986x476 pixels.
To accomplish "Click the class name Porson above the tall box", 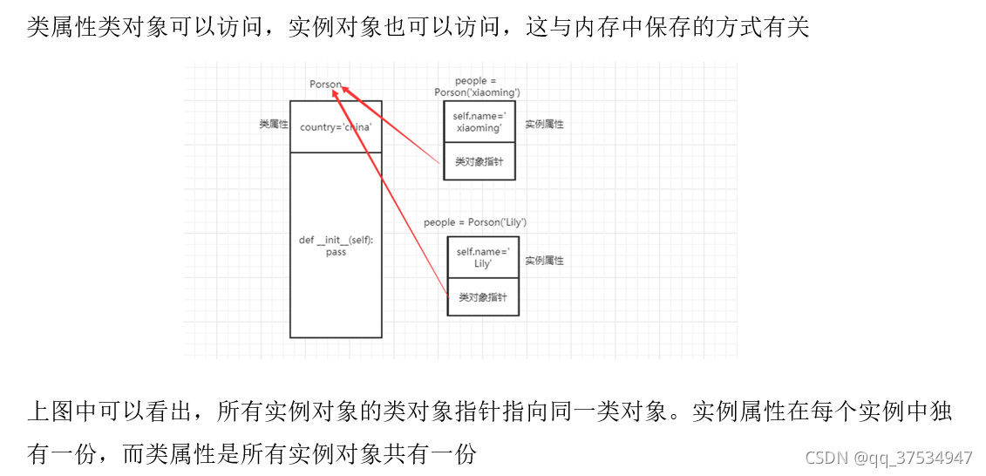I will (x=325, y=85).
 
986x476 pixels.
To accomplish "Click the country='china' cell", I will (x=336, y=127).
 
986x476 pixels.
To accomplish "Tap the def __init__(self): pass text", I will (x=336, y=246).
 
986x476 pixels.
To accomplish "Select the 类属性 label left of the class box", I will (x=274, y=125).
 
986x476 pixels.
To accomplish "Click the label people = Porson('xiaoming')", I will (x=477, y=86).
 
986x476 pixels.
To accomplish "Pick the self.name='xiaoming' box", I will (x=479, y=122).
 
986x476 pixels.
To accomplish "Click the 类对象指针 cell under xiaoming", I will (x=479, y=162).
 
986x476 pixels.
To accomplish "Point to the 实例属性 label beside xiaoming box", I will (x=544, y=125).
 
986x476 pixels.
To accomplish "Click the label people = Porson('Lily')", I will (x=475, y=222).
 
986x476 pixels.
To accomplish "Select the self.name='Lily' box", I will (x=482, y=257).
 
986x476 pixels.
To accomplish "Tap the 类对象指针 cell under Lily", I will (x=482, y=297).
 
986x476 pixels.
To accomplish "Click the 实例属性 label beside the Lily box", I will (x=544, y=261).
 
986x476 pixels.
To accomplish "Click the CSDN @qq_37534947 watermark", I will (x=888, y=458).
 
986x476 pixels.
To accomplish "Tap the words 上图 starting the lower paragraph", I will (x=51, y=411).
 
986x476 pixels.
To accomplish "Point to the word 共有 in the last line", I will (x=411, y=454).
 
